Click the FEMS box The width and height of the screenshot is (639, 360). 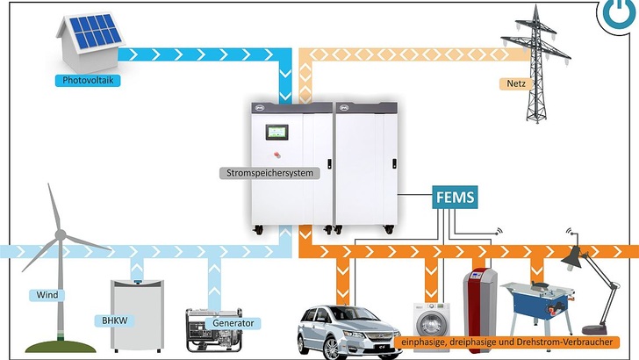[456, 198]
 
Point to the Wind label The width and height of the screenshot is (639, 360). [47, 295]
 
